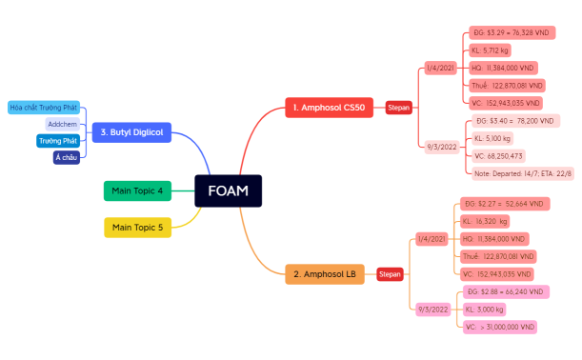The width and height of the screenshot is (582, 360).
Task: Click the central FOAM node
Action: tap(228, 190)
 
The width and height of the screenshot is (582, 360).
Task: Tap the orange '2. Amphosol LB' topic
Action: tap(325, 274)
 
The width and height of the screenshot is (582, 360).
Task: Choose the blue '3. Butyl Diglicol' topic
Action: tap(132, 132)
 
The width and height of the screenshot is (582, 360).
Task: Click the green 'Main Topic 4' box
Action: tap(137, 191)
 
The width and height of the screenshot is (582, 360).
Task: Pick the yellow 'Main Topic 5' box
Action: tap(137, 228)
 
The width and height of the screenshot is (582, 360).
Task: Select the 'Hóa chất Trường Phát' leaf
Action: tap(43, 108)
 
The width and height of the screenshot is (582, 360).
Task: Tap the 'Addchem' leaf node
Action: tap(62, 125)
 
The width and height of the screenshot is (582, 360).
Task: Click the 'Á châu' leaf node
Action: tap(66, 158)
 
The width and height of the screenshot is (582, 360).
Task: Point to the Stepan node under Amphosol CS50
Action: tap(398, 108)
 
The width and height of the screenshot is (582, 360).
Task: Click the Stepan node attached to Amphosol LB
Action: tap(390, 274)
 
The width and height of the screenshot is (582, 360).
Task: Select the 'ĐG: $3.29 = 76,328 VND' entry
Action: tap(511, 32)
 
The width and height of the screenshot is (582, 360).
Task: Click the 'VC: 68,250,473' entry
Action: tap(497, 156)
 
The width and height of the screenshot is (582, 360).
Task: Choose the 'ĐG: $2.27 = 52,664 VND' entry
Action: tap(502, 204)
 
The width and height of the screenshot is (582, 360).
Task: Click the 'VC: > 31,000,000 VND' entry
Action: tap(500, 327)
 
